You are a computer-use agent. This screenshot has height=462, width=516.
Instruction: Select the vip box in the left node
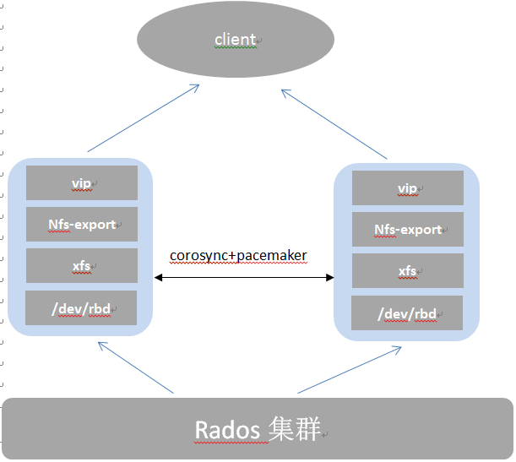[81, 182]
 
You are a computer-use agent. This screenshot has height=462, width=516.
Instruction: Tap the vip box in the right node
[407, 188]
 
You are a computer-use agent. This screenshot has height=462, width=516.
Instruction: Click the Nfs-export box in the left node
[81, 224]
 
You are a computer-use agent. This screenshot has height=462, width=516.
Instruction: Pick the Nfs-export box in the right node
[407, 229]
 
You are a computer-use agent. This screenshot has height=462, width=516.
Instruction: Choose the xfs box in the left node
[81, 265]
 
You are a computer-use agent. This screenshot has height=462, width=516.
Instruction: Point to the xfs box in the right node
[407, 270]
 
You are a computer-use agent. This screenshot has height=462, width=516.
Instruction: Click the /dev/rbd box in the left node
[81, 307]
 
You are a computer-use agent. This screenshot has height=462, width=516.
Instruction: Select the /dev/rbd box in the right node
[407, 313]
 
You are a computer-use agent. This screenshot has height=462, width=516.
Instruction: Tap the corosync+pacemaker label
[238, 255]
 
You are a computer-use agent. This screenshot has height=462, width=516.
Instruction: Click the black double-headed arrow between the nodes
[244, 277]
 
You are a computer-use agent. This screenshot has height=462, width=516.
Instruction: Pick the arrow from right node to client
[334, 123]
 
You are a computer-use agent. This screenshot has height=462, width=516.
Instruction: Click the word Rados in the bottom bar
[226, 430]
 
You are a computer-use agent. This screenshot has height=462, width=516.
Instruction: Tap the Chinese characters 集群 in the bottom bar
[296, 430]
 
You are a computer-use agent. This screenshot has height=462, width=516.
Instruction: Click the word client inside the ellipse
[236, 40]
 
